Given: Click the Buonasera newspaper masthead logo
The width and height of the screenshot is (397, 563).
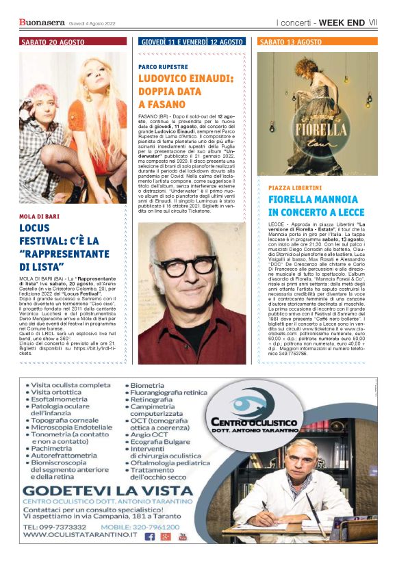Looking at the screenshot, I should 42,23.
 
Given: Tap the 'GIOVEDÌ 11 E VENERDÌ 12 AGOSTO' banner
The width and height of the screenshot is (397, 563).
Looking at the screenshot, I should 192,42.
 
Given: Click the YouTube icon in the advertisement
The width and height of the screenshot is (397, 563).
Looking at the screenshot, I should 182,536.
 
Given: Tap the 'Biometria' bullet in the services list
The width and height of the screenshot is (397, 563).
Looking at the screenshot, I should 150,385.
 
